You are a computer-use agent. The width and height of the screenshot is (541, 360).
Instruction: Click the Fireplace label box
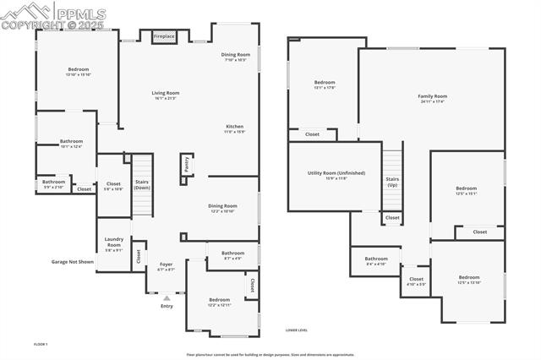coord(164,36)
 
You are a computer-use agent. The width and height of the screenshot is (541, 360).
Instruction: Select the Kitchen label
coord(234,128)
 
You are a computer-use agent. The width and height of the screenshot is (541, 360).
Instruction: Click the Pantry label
coord(185,164)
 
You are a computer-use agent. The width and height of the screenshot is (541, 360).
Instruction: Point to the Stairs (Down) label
coord(142,183)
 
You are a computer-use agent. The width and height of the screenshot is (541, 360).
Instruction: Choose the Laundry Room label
coord(114,243)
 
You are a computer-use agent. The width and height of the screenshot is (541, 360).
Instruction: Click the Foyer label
coord(167,266)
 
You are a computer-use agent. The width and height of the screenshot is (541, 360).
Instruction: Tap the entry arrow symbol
coord(167,297)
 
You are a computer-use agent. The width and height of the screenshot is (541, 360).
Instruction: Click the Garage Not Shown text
coord(73,262)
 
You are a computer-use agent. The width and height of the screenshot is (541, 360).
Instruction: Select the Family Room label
coord(432,98)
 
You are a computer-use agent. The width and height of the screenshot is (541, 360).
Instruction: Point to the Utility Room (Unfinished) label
coord(336,175)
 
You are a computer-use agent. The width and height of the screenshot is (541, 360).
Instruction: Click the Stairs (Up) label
coord(392,182)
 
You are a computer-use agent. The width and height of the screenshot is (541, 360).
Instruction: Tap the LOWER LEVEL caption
coord(297,330)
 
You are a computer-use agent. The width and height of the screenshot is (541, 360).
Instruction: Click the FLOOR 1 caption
coord(41,344)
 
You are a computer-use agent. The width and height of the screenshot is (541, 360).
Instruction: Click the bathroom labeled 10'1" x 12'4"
coord(71,144)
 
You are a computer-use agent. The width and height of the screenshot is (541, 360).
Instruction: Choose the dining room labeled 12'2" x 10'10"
coord(223,207)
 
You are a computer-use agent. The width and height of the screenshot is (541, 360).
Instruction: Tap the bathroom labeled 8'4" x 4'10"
coord(376,260)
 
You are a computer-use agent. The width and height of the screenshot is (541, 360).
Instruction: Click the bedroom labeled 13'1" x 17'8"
coord(325,85)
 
